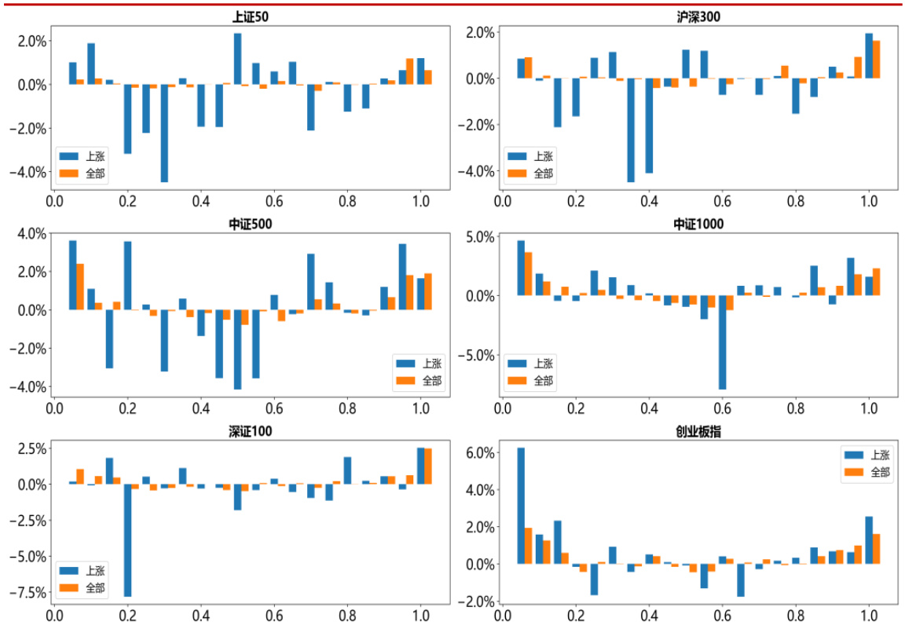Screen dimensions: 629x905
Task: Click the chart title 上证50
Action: click(251, 16)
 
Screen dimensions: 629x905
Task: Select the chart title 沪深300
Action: click(699, 16)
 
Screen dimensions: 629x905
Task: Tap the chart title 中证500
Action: click(251, 225)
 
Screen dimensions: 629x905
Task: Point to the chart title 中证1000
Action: click(699, 225)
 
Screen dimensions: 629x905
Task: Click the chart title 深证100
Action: click(251, 433)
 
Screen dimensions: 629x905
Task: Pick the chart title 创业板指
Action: click(699, 433)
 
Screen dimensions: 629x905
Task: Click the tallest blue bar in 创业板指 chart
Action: click(521, 506)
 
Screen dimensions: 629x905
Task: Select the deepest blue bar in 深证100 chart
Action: click(127, 540)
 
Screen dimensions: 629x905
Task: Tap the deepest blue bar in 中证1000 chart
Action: click(722, 342)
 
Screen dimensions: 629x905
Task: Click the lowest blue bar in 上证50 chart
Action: click(164, 133)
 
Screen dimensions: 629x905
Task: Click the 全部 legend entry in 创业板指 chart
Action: click(867, 472)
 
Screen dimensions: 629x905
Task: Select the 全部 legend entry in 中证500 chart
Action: click(419, 381)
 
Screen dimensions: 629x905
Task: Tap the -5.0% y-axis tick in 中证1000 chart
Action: click(478, 355)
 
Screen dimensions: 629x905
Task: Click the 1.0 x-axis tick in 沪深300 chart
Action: click(868, 200)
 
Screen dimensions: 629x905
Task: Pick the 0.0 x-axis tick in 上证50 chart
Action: click(54, 200)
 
